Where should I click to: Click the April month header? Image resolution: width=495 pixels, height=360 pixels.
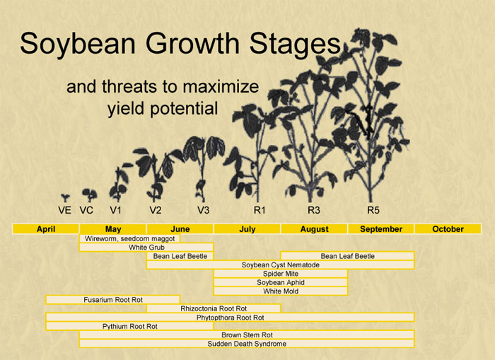tap(46, 229)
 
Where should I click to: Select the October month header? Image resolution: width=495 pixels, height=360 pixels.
tap(448, 229)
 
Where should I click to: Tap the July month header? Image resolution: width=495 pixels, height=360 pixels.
tap(248, 229)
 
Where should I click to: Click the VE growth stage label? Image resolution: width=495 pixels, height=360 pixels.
tap(65, 210)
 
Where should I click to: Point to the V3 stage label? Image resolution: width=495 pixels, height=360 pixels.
tap(204, 210)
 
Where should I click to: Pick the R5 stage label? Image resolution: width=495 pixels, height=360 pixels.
tap(373, 210)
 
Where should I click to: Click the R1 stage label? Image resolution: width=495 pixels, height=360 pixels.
tap(260, 210)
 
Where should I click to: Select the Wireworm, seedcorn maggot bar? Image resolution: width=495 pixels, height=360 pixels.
tap(129, 239)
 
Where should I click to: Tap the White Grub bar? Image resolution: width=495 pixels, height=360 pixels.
tap(146, 248)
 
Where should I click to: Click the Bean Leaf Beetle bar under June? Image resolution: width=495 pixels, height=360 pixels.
tap(180, 256)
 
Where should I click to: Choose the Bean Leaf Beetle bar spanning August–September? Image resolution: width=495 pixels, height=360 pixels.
tap(348, 256)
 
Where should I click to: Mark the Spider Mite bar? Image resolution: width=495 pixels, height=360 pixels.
tap(281, 274)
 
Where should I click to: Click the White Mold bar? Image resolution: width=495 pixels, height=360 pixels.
tap(281, 291)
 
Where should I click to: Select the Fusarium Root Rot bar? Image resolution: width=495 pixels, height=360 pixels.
tap(113, 300)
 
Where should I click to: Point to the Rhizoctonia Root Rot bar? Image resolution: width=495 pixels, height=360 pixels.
tap(214, 308)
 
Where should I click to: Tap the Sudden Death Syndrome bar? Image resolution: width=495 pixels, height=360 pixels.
tap(247, 344)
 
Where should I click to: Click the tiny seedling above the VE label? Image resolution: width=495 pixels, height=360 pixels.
tap(65, 198)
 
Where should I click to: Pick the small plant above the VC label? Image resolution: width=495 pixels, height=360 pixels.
tap(89, 195)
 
